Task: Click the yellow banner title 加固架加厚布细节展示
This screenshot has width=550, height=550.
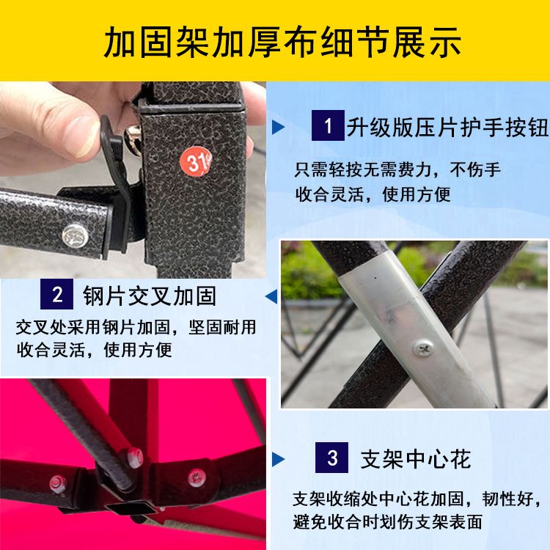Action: [x=282, y=43]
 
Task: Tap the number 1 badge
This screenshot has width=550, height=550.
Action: [x=328, y=125]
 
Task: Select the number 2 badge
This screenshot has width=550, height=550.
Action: [x=56, y=294]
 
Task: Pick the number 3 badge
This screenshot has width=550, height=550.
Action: [x=331, y=458]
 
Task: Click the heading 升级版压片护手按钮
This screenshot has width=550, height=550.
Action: [x=447, y=127]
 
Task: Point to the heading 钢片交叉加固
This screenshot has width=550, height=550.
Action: [x=150, y=296]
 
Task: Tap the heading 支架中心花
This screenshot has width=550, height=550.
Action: [x=416, y=459]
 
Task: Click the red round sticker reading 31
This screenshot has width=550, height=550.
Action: [x=195, y=162]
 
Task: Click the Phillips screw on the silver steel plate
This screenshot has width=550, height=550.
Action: [x=423, y=348]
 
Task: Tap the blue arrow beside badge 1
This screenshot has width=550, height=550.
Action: [x=278, y=127]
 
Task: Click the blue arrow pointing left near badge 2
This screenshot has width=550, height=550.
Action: [x=271, y=296]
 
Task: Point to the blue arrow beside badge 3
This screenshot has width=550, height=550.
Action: [x=278, y=460]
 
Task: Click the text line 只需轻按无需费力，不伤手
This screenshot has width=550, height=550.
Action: [x=397, y=170]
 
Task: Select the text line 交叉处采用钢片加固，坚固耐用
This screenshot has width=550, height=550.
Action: [x=136, y=327]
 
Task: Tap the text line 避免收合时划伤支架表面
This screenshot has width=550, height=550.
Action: [x=388, y=521]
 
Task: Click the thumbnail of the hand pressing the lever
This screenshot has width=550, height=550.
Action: [x=133, y=180]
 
